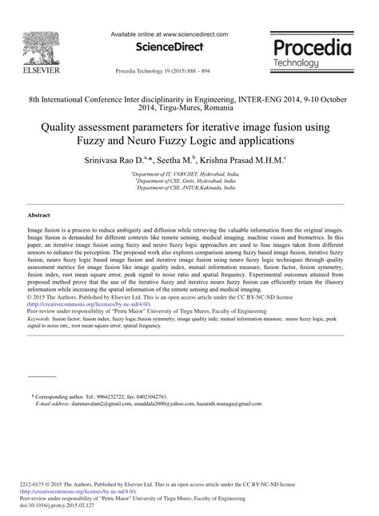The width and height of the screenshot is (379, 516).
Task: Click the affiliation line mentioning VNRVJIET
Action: pyautogui.click(x=183, y=173)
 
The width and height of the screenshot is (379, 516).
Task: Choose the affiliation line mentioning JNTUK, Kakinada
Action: pyautogui.click(x=185, y=188)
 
